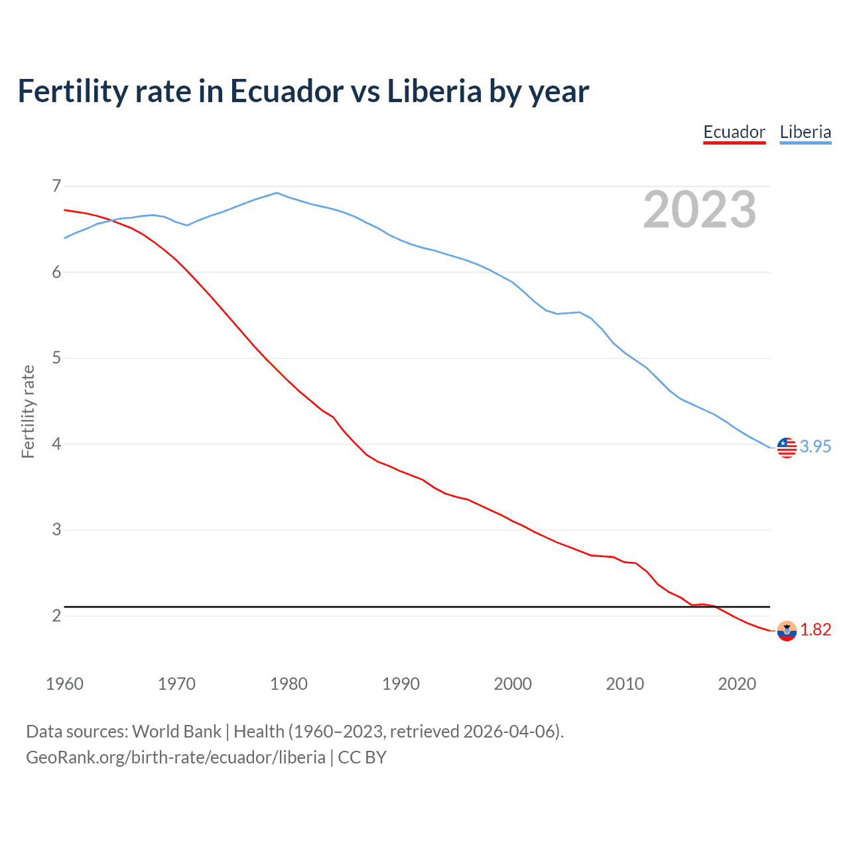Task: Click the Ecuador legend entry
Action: pyautogui.click(x=734, y=132)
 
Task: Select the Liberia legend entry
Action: pyautogui.click(x=805, y=132)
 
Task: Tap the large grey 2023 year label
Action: pyautogui.click(x=700, y=210)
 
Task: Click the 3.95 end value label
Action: pyautogui.click(x=815, y=447)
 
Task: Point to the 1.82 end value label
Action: pyautogui.click(x=815, y=629)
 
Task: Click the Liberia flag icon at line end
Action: pyautogui.click(x=787, y=448)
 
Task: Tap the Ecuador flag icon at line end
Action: pyautogui.click(x=787, y=631)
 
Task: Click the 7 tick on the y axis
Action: pyautogui.click(x=56, y=186)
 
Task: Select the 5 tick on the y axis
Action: pyautogui.click(x=56, y=358)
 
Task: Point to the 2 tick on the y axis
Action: pyautogui.click(x=56, y=616)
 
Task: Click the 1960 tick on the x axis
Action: pyautogui.click(x=64, y=684)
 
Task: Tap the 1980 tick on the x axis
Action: pyautogui.click(x=289, y=684)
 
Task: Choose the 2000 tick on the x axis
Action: pyautogui.click(x=513, y=684)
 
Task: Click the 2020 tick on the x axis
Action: pyautogui.click(x=737, y=684)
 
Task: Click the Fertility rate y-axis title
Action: pyautogui.click(x=28, y=411)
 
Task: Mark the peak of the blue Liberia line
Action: pyautogui.click(x=277, y=193)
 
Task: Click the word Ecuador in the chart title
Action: pyautogui.click(x=287, y=92)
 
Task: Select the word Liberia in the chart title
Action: pyautogui.click(x=434, y=92)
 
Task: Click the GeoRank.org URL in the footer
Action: pyautogui.click(x=176, y=757)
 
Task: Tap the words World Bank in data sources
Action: pyautogui.click(x=176, y=732)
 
